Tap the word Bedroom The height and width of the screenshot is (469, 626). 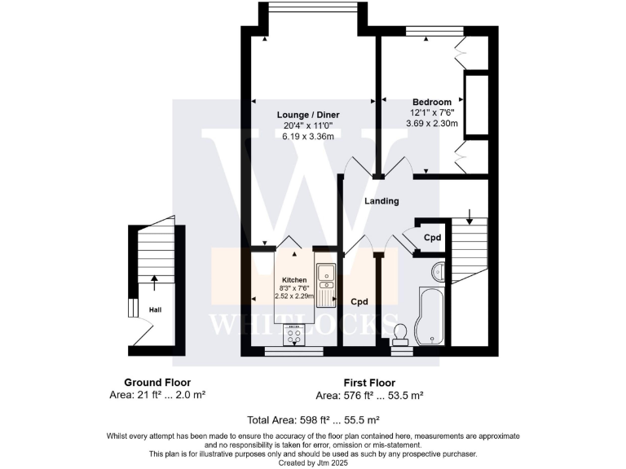tap(431, 102)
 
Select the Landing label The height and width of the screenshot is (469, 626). tap(381, 201)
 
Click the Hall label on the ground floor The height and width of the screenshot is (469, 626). tap(155, 309)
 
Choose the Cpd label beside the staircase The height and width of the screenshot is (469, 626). tap(432, 238)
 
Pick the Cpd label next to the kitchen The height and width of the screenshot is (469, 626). tap(359, 301)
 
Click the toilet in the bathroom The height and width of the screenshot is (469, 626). tap(399, 335)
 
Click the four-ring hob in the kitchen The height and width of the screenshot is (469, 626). tap(293, 334)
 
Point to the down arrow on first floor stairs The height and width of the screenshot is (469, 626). tap(469, 217)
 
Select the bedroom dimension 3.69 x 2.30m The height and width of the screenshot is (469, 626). tap(432, 124)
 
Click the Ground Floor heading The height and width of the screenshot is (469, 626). tap(157, 383)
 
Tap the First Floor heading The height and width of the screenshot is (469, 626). tap(367, 383)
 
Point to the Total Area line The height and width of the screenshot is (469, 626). tap(313, 420)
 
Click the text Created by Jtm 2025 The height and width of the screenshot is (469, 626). tap(313, 462)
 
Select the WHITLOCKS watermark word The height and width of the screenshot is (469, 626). tap(303, 323)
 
